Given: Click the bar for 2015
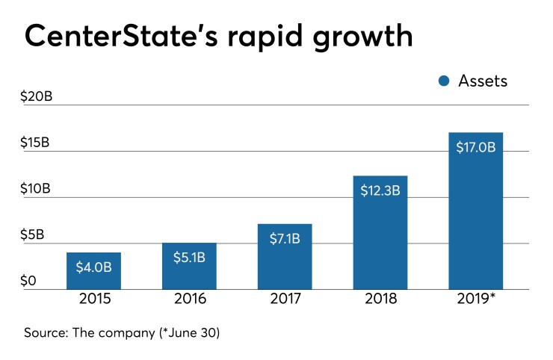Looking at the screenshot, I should tap(93, 271).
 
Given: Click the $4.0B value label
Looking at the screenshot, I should tap(93, 266).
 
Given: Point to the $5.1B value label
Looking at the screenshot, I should tap(189, 256).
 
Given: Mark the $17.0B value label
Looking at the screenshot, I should tap(475, 147).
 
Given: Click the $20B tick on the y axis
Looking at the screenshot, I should tap(36, 97).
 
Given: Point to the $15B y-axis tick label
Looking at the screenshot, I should tap(35, 143).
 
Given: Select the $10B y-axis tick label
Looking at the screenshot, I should tap(35, 189).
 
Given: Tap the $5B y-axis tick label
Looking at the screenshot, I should tap(32, 235).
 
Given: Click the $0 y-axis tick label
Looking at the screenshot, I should tap(28, 281).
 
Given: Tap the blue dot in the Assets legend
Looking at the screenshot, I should tap(444, 81).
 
